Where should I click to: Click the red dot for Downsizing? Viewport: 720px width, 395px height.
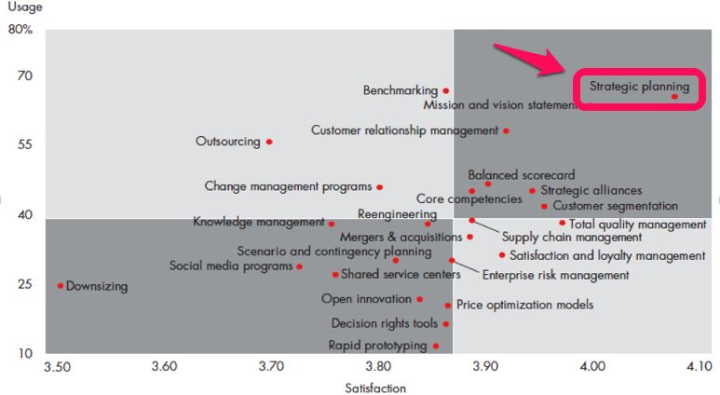(x=61, y=286)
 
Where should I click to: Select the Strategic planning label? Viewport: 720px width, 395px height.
(x=639, y=88)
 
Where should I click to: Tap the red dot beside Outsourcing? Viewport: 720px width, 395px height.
(x=269, y=142)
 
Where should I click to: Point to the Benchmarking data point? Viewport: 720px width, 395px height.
(x=446, y=90)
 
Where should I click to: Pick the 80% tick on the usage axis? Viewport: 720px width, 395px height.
(x=20, y=29)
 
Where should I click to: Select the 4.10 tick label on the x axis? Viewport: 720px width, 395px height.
(x=699, y=368)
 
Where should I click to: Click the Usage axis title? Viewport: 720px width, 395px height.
(x=27, y=7)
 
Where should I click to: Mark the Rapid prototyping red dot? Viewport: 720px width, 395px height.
(x=436, y=346)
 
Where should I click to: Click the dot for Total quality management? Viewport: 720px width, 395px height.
(x=563, y=223)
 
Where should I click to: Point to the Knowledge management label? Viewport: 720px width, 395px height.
(x=258, y=222)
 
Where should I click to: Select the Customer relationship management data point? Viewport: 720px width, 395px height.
(x=506, y=130)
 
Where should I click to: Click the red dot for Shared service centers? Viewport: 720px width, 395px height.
(x=335, y=275)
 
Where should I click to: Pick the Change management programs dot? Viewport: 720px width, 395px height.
(x=380, y=187)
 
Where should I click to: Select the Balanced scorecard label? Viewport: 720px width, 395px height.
(x=521, y=174)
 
